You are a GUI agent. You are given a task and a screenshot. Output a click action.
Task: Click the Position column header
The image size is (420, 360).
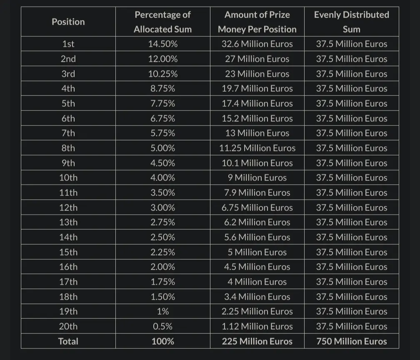click(68, 22)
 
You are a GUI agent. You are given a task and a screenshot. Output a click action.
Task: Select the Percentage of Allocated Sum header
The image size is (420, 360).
click(163, 22)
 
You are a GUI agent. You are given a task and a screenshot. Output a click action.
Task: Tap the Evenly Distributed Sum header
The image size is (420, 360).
click(352, 22)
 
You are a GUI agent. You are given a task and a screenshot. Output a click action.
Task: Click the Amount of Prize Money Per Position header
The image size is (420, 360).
click(257, 22)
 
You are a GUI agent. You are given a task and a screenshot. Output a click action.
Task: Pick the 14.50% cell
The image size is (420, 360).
click(163, 44)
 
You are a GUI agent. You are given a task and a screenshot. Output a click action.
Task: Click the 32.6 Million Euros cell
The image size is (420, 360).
click(257, 44)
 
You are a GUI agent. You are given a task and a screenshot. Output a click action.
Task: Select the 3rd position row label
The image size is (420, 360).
click(68, 74)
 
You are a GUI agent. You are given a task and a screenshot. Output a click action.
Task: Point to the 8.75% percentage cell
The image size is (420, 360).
click(163, 89)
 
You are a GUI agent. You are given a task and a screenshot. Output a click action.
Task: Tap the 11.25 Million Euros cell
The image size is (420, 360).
click(257, 148)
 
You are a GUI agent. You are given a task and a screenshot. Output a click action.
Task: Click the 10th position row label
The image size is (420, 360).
click(68, 178)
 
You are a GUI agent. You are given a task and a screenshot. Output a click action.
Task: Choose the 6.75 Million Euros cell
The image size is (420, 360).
click(257, 207)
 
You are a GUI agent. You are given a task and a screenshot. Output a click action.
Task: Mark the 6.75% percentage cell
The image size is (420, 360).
click(163, 118)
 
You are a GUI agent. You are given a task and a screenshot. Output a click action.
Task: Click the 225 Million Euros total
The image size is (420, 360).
click(257, 341)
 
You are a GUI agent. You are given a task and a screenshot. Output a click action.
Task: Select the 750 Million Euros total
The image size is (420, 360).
click(352, 341)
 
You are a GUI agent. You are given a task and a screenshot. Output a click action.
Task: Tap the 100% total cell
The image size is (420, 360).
click(163, 341)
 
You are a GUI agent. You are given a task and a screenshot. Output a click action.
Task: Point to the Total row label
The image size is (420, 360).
click(68, 341)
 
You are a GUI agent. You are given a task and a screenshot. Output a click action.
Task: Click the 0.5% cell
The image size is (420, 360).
click(163, 327)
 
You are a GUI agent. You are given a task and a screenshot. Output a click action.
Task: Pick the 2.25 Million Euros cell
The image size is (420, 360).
click(257, 312)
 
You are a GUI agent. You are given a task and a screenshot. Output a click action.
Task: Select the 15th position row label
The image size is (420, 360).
click(68, 252)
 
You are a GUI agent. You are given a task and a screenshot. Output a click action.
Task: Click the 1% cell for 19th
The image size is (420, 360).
click(163, 312)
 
